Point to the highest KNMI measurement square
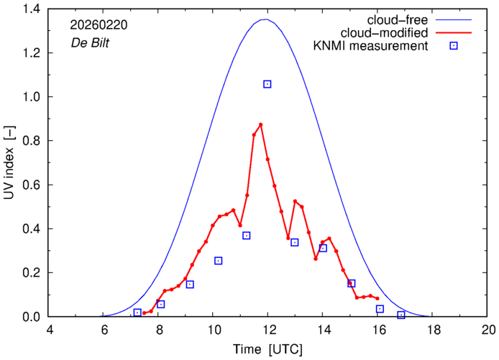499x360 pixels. click(267, 84)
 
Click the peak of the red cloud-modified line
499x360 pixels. click(260, 124)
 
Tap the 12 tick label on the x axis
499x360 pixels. click(268, 329)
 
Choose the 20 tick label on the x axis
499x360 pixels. click(488, 329)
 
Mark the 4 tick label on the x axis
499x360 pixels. click(50, 329)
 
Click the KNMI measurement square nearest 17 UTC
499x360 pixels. click(401, 315)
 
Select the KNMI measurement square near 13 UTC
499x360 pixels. click(295, 242)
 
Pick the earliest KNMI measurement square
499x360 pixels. click(137, 313)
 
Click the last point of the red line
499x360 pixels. click(377, 298)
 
